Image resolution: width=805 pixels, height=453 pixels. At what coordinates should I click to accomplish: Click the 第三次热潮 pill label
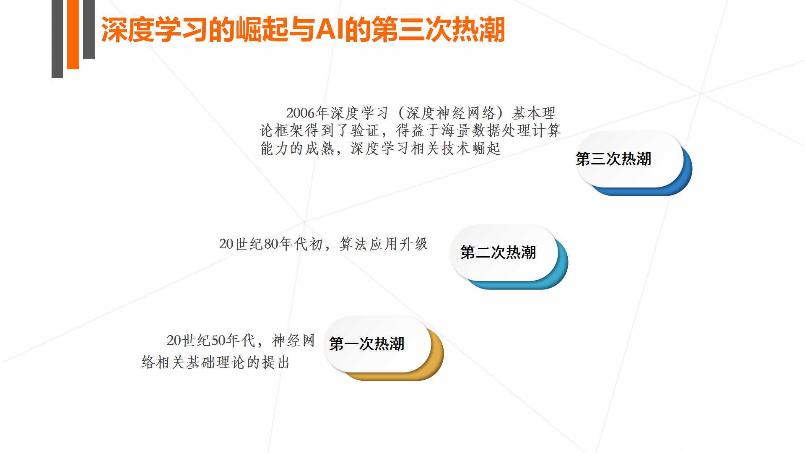coord(613,159)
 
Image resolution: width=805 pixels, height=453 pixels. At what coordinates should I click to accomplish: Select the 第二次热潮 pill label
coord(498,253)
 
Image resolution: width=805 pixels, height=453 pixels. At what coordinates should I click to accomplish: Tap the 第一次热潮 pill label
coord(366,344)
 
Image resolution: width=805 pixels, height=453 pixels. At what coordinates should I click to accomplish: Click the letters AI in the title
coord(330,30)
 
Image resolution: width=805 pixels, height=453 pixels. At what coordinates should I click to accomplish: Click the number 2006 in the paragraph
coord(300,113)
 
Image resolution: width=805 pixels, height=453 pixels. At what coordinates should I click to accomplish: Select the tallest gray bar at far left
coord(57,39)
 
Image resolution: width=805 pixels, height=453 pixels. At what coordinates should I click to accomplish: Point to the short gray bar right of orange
coord(89,29)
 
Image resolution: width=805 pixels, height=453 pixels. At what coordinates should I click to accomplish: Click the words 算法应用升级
coord(384,244)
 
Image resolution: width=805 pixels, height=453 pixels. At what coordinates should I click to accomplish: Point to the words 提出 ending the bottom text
coord(276,362)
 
